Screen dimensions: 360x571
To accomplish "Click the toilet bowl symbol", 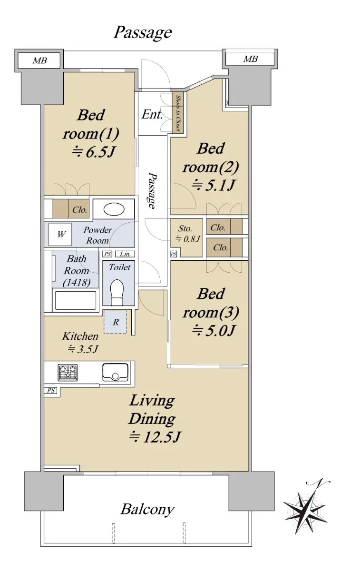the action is (117, 292).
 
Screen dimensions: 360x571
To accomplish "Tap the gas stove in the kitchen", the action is (68, 373).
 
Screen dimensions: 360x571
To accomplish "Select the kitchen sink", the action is (115, 372).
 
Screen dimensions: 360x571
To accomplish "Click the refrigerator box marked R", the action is (116, 322).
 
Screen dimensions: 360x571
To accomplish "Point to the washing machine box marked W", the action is (60, 234).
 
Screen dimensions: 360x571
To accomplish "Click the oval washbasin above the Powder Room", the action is (114, 209).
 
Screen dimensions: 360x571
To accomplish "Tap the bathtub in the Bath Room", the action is (76, 300).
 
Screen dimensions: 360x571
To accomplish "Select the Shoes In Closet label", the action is (178, 113).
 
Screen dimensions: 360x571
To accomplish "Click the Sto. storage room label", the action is (185, 228).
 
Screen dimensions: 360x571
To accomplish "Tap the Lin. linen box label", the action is (125, 254).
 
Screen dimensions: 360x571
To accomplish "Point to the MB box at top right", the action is (250, 59).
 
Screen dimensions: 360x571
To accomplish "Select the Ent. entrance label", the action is (152, 114).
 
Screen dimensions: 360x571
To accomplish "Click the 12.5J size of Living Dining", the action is (155, 437).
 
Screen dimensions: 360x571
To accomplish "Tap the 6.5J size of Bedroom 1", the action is (94, 152).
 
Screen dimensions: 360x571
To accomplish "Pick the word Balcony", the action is (147, 509).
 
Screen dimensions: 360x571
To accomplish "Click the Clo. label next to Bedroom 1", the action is (79, 210).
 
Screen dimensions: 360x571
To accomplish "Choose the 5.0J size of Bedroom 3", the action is (213, 331).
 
